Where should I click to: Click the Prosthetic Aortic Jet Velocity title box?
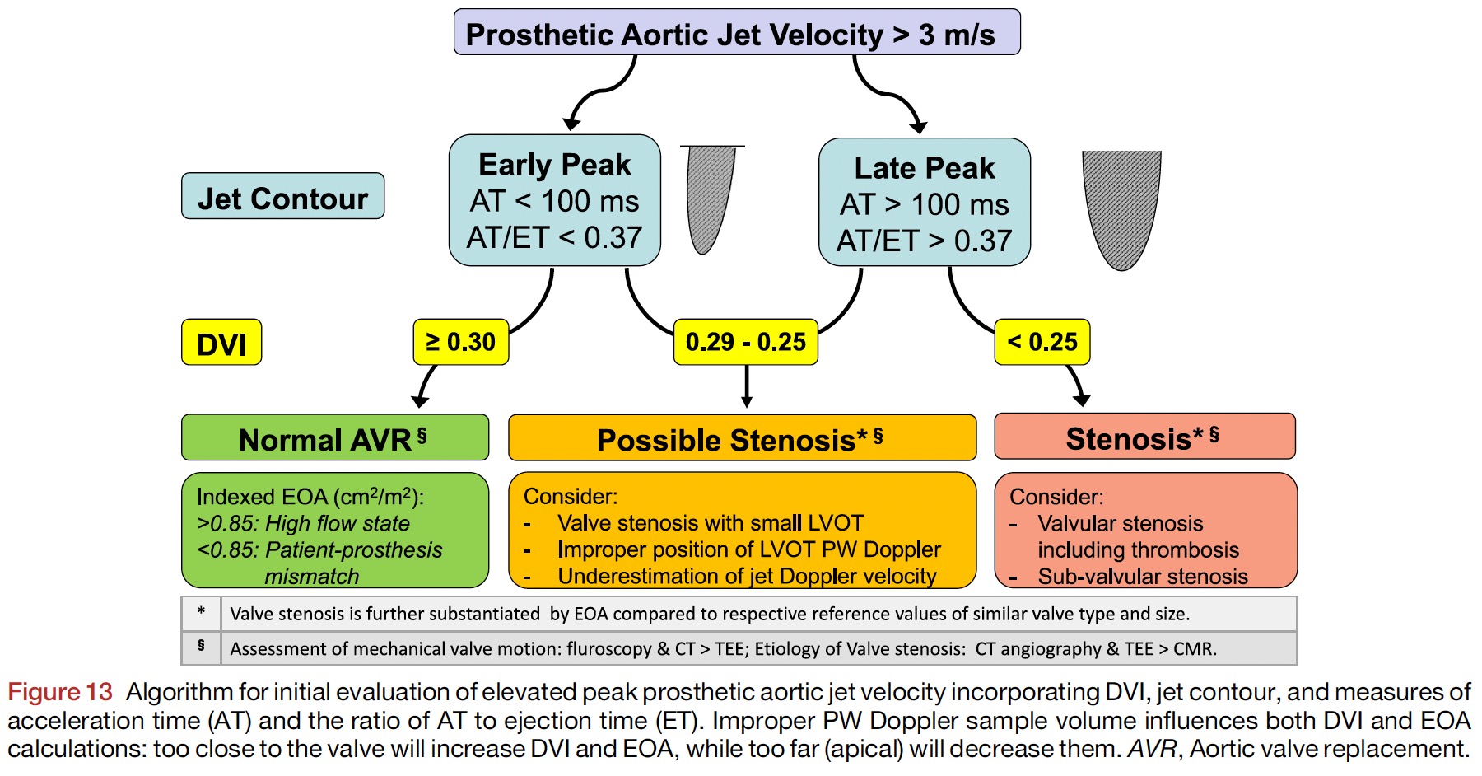pyautogui.click(x=737, y=33)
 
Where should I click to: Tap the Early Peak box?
pyautogui.click(x=554, y=200)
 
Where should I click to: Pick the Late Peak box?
pyautogui.click(x=924, y=203)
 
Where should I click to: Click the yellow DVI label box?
pyautogui.click(x=221, y=343)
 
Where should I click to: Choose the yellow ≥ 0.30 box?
pyautogui.click(x=460, y=342)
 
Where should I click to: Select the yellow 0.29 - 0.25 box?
pyautogui.click(x=745, y=342)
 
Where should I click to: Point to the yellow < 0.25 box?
pyautogui.click(x=1042, y=342)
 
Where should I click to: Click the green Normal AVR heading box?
pyautogui.click(x=334, y=438)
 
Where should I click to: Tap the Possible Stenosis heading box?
pyautogui.click(x=742, y=438)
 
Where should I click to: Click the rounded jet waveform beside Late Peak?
pyautogui.click(x=1121, y=206)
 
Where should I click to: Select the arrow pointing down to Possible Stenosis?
pyautogui.click(x=747, y=387)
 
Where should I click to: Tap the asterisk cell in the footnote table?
pyautogui.click(x=201, y=613)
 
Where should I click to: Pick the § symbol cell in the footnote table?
pyautogui.click(x=201, y=647)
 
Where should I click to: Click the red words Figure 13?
pyautogui.click(x=59, y=692)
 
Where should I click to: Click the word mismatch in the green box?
pyautogui.click(x=311, y=577)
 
